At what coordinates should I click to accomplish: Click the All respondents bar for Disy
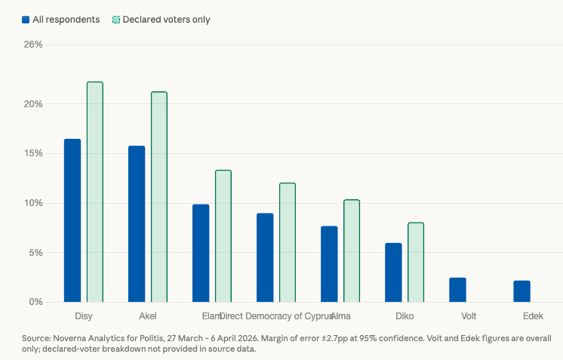pos(72,220)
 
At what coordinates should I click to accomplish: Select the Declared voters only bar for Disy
pos(95,192)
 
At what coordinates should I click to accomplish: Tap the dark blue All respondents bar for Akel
pos(137,224)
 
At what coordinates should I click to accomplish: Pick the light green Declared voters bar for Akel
pos(159,197)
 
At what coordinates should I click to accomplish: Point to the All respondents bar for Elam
pos(201,253)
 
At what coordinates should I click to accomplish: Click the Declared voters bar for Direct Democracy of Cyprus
pos(288,242)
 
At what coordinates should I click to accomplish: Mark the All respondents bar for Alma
pos(329,263)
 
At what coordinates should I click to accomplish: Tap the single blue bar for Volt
pos(457,290)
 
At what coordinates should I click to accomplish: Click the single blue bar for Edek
pos(521,291)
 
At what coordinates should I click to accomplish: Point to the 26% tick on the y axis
pos(33,45)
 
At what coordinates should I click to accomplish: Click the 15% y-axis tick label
pos(33,153)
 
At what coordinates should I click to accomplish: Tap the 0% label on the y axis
pos(35,302)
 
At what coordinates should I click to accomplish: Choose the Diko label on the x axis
pos(405,315)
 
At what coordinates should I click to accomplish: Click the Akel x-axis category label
pos(148,315)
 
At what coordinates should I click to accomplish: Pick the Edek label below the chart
pos(533,315)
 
